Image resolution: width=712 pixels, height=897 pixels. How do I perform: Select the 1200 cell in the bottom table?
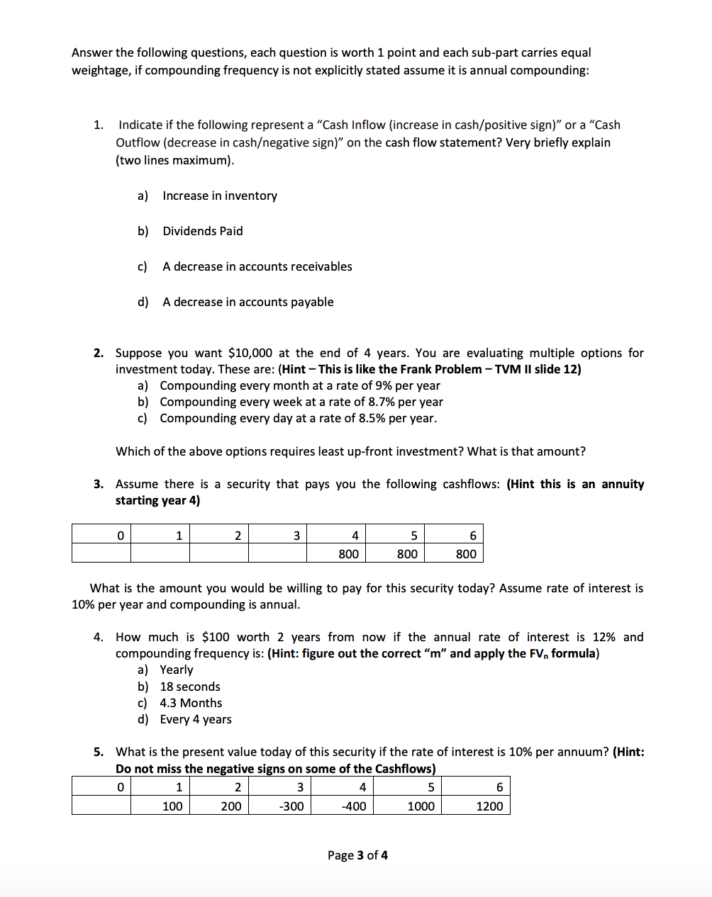tap(489, 806)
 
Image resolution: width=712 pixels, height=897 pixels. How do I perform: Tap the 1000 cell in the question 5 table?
tap(421, 806)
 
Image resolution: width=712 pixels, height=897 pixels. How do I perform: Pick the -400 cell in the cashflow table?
tap(353, 806)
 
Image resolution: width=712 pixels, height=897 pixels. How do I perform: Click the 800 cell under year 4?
tap(348, 554)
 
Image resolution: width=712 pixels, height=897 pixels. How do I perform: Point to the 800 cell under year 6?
tap(466, 554)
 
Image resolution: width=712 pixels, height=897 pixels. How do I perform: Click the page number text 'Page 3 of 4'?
tap(357, 855)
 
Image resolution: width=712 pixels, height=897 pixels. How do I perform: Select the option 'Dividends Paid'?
tap(202, 231)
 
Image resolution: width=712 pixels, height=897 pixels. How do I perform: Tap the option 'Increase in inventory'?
tap(219, 196)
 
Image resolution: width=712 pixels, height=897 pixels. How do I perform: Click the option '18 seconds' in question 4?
tap(189, 687)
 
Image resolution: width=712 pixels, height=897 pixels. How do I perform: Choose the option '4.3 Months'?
tap(191, 703)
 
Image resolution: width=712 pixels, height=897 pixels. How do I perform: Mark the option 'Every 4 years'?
tap(195, 719)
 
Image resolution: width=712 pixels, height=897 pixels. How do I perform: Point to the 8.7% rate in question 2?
tap(382, 402)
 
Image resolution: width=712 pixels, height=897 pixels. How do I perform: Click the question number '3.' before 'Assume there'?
tap(99, 484)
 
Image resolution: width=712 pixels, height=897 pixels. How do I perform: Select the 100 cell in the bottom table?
tap(172, 806)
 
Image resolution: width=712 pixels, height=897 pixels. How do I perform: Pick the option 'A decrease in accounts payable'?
tap(247, 302)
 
